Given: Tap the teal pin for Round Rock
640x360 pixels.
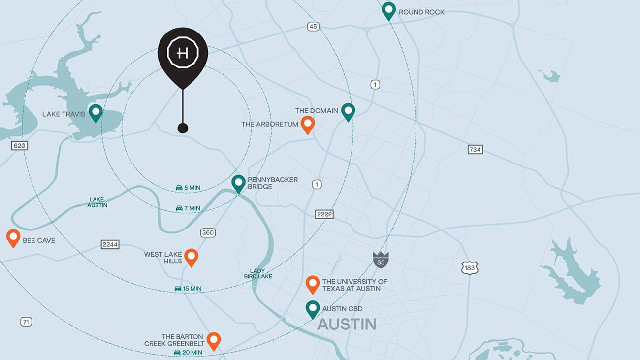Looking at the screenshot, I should [389, 10].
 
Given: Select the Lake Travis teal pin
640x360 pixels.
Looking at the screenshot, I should [96, 112].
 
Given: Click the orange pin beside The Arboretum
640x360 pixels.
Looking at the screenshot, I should [308, 124].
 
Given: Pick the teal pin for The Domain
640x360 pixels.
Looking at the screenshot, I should [348, 111].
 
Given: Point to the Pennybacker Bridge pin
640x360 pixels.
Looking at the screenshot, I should [239, 183].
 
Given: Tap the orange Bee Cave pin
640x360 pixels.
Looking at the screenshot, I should [13, 237].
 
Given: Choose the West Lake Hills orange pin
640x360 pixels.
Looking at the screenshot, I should [191, 257].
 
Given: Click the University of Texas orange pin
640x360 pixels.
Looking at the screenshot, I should [313, 284].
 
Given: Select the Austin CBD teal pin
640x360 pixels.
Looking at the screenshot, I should [313, 309].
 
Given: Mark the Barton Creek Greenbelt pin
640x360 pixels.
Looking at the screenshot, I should [213, 340].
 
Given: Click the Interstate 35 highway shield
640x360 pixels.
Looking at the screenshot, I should [381, 259].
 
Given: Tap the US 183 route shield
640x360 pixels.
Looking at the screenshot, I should [470, 268].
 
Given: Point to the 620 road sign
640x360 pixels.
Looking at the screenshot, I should [20, 146].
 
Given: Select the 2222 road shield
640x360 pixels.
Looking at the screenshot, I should [325, 214].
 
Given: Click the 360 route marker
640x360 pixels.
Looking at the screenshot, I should [208, 232].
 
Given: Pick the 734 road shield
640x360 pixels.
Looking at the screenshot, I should [475, 149].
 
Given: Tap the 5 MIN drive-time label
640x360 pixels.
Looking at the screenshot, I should [188, 188].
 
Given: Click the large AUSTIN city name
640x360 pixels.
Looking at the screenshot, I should [347, 324].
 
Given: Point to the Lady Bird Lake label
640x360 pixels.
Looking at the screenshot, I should [258, 273].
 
